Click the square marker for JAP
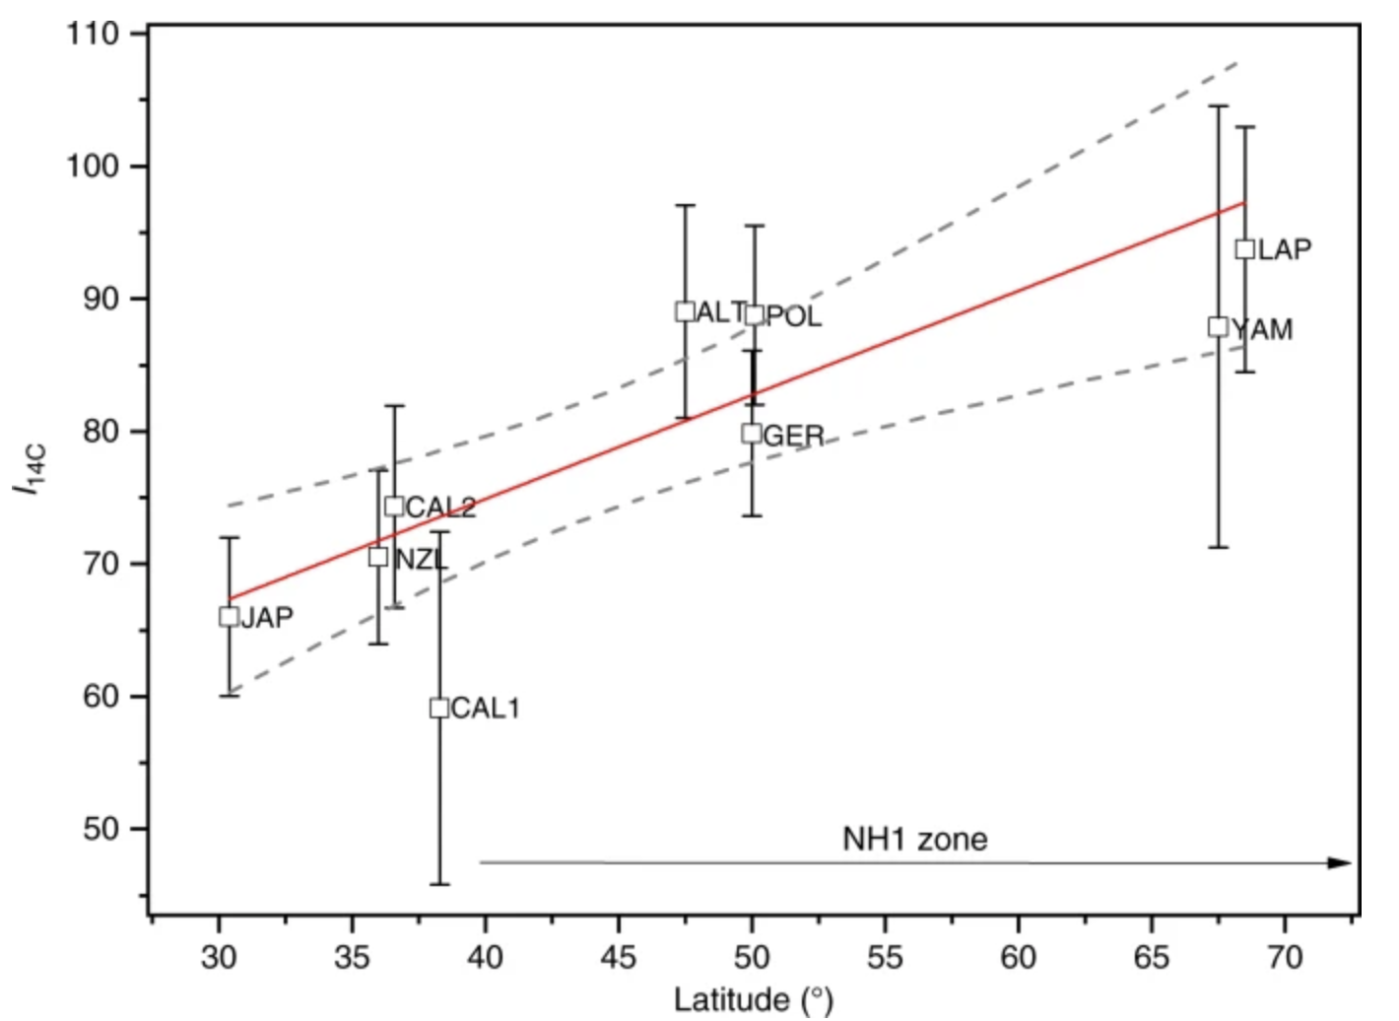coord(229,617)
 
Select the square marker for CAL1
coord(439,708)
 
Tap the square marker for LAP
coord(1245,248)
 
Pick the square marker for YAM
coord(1219,327)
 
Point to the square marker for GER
coord(752,433)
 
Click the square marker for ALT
coord(686,311)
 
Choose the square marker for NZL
coord(378,557)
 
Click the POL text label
coord(794,316)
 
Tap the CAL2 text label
coord(440,508)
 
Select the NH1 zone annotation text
coord(914,839)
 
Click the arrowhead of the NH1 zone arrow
coord(1340,863)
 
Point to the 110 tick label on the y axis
coord(93,34)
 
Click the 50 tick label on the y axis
coord(100,829)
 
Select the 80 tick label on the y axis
coord(100,432)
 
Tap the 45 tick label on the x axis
coord(619,957)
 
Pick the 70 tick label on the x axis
coord(1284,957)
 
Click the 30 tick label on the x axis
coord(219,957)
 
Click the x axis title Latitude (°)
coord(754,999)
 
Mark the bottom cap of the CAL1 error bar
coord(439,884)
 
